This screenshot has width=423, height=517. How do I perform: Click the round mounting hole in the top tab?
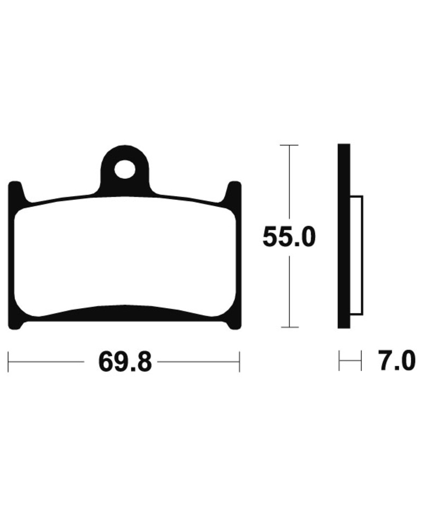pos(125,170)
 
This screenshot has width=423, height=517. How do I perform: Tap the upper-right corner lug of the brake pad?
pos(234,191)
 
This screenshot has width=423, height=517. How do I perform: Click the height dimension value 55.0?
pos(289,238)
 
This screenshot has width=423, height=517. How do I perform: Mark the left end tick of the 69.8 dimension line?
pos(9,362)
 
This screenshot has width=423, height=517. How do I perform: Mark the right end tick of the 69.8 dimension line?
pos(240,362)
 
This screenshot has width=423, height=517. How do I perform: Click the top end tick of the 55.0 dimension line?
pos(289,145)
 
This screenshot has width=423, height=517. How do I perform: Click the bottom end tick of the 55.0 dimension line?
pos(289,327)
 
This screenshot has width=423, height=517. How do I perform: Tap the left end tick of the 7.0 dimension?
pos(339,362)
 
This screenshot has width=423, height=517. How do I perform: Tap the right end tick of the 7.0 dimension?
pos(361,362)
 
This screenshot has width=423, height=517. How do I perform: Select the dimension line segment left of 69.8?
pos(48,363)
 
